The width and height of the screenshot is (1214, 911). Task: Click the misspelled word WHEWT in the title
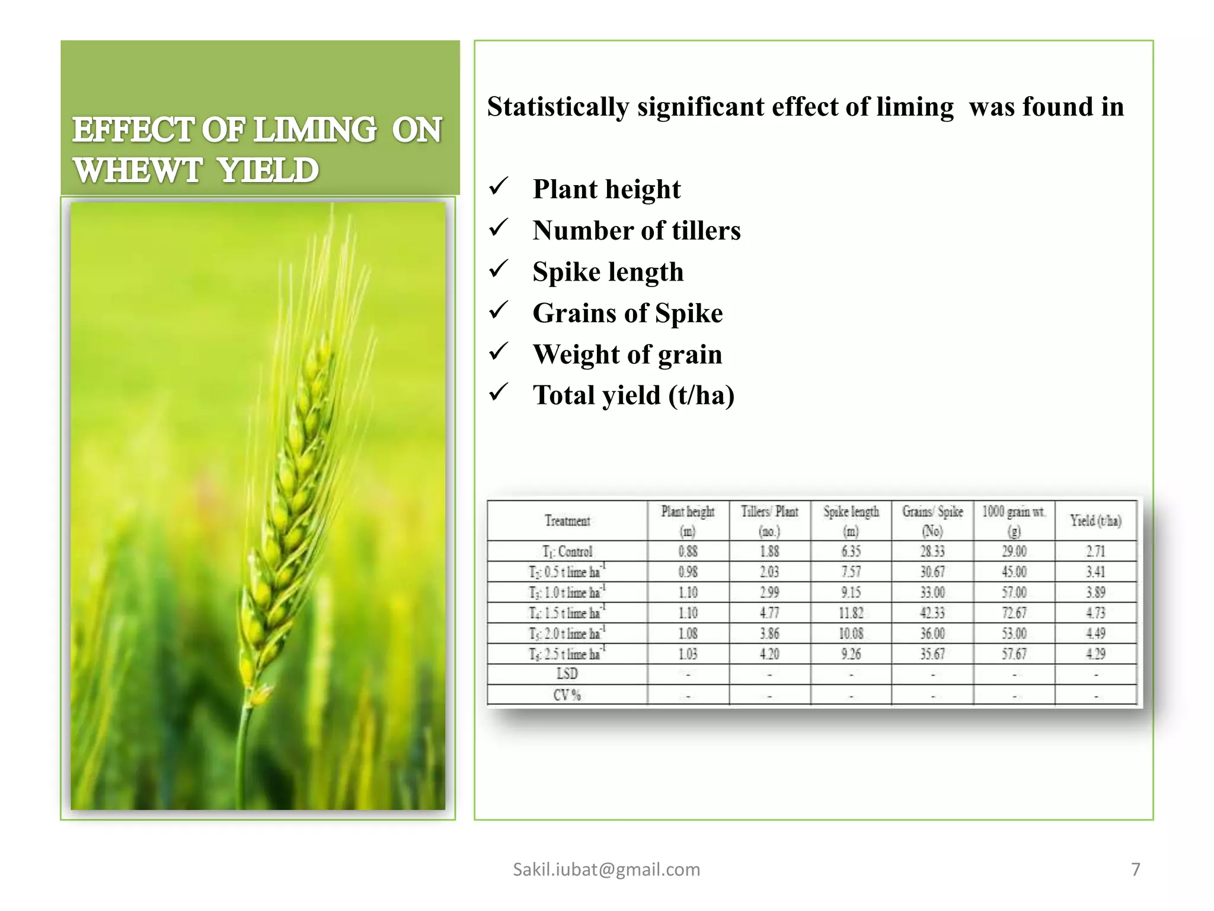(x=138, y=170)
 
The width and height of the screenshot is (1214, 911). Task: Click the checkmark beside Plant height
(x=499, y=187)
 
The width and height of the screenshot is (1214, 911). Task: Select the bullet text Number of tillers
(x=636, y=230)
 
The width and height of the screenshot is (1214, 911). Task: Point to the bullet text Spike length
(x=608, y=272)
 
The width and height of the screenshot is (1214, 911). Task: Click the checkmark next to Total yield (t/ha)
(x=499, y=393)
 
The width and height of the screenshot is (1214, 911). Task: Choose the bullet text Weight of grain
(x=627, y=354)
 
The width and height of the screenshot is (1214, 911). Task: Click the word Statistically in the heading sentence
(x=557, y=107)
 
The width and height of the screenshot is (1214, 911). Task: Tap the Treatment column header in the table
(x=567, y=521)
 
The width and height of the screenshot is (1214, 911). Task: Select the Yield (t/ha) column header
(x=1095, y=521)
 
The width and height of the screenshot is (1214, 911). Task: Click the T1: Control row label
(x=567, y=552)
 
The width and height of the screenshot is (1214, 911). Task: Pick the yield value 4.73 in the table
(x=1095, y=613)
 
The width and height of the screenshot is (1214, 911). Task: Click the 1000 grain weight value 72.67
(x=1014, y=613)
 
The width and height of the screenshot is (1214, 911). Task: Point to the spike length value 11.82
(x=851, y=613)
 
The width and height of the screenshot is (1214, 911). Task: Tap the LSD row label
(x=567, y=674)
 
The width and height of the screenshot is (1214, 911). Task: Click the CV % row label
(x=567, y=695)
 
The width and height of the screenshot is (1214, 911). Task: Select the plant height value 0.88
(x=688, y=552)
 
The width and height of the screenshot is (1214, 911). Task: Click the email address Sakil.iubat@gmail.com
(x=606, y=869)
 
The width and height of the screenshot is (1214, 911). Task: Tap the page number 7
(x=1135, y=869)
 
